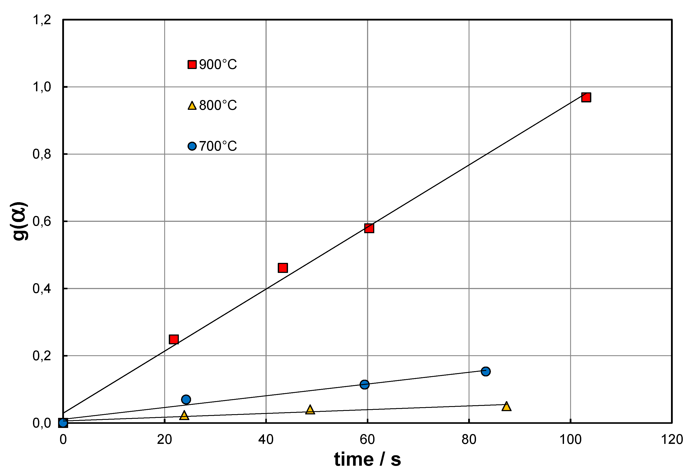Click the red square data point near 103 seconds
(x=586, y=97)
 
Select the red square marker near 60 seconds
(x=369, y=228)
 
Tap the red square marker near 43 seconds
(x=283, y=268)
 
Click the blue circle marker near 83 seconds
(x=486, y=371)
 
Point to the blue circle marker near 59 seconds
(x=364, y=384)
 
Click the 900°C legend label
(x=218, y=64)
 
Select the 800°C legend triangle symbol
(x=192, y=106)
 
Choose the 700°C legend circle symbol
(x=192, y=146)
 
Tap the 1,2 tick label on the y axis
(x=41, y=20)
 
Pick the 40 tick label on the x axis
(x=266, y=440)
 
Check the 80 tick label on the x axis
(x=469, y=440)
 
